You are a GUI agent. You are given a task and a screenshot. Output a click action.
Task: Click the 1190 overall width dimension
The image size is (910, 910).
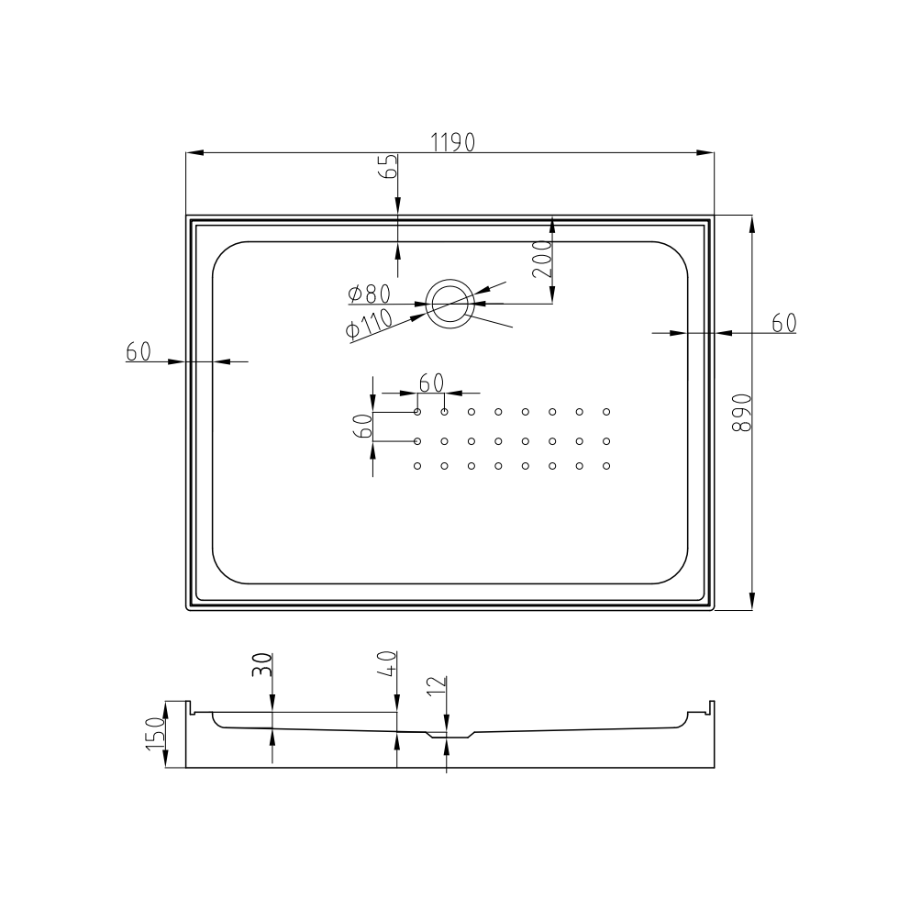(452, 142)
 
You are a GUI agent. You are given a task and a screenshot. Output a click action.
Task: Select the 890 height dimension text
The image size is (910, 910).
(742, 413)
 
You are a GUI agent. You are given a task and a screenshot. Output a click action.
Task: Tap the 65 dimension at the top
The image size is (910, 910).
(390, 166)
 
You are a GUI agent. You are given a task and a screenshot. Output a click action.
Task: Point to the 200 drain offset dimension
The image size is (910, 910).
(542, 259)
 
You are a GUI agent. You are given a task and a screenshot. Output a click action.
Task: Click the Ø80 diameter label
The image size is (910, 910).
(369, 294)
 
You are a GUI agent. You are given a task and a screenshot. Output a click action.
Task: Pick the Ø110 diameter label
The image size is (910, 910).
(369, 326)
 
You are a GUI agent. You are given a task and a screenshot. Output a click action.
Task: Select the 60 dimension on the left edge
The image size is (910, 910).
(139, 351)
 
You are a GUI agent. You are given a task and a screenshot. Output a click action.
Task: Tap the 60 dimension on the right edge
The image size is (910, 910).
(784, 323)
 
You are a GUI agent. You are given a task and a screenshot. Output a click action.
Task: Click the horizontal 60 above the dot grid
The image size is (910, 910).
(431, 383)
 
